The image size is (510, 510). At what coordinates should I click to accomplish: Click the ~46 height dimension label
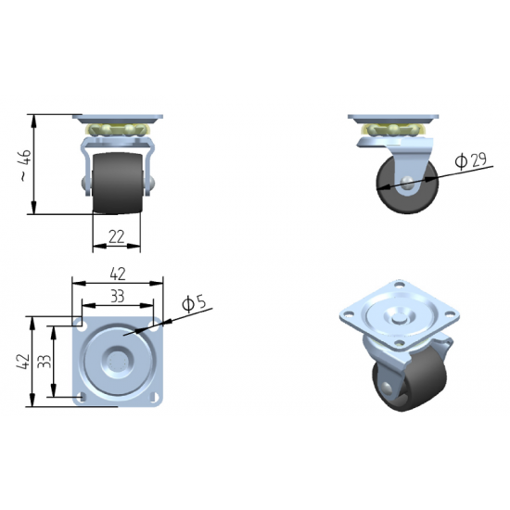(26, 165)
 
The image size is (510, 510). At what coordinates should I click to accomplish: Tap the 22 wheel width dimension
(117, 236)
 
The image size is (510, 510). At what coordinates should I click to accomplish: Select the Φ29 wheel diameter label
(471, 160)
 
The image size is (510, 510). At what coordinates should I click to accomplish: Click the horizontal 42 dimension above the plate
(118, 274)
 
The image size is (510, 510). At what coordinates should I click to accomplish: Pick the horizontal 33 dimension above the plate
(118, 297)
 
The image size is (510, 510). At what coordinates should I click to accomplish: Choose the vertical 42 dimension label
(23, 362)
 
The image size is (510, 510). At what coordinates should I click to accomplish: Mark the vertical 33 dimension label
(45, 362)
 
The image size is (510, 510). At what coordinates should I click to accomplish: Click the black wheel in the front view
(117, 183)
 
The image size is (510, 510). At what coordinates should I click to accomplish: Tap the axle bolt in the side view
(407, 182)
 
